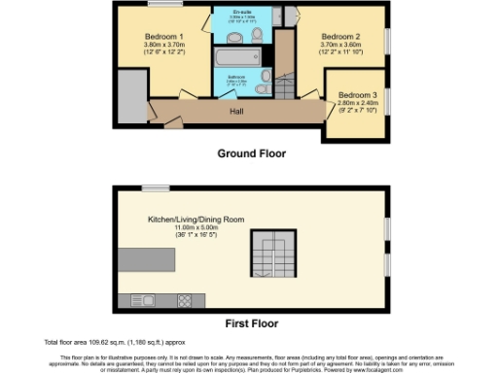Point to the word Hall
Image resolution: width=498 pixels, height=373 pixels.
(x=236, y=112)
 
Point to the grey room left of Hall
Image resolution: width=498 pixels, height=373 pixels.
(x=130, y=95)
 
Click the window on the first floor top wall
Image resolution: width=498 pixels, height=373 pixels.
(x=156, y=188)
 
